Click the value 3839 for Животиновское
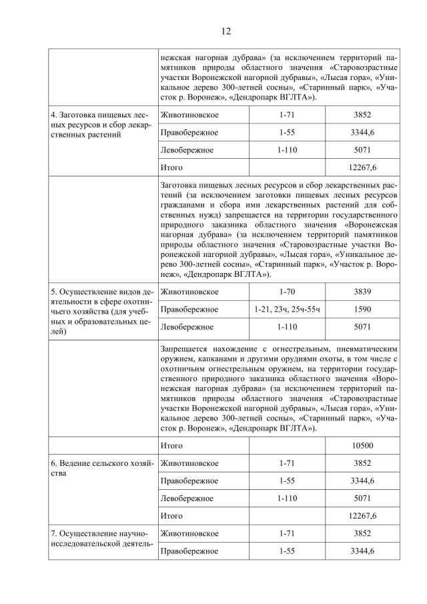(363, 291)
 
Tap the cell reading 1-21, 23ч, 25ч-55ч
(287, 309)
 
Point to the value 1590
(363, 309)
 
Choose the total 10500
(363, 445)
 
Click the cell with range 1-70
(287, 291)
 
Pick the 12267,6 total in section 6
(363, 516)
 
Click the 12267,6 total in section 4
(363, 167)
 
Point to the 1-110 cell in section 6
(287, 499)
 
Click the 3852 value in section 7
(363, 533)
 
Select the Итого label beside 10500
(171, 445)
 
